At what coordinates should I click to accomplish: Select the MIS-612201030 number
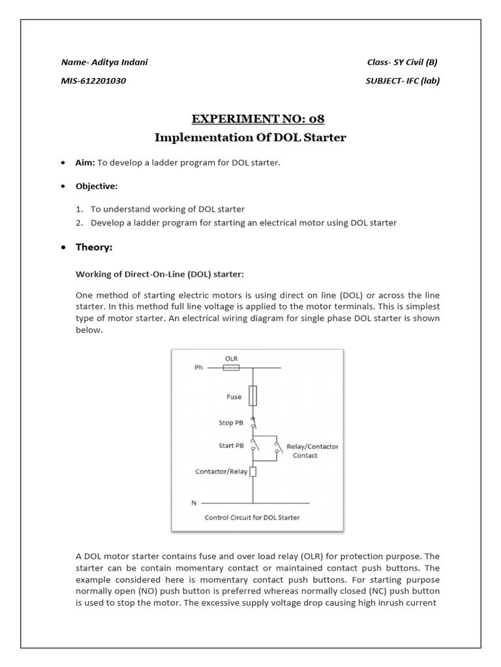point(93,81)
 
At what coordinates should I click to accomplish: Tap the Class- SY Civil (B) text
point(402,63)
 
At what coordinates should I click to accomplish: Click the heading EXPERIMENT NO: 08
point(258,119)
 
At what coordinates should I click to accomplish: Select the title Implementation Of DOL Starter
point(250,137)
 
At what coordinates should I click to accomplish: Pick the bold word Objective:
point(97,186)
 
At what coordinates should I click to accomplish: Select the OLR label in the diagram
point(231,358)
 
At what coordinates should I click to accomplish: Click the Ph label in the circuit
point(198,367)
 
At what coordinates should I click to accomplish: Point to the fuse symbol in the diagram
point(253,395)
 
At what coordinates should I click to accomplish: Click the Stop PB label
point(230,423)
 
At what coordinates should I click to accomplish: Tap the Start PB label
point(230,446)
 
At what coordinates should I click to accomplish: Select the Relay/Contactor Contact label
point(312,451)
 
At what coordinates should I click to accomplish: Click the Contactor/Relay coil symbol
point(253,472)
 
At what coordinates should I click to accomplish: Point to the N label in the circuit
point(192,503)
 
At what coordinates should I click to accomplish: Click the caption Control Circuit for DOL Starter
point(252,518)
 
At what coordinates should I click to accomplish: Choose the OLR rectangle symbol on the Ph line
point(232,367)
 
